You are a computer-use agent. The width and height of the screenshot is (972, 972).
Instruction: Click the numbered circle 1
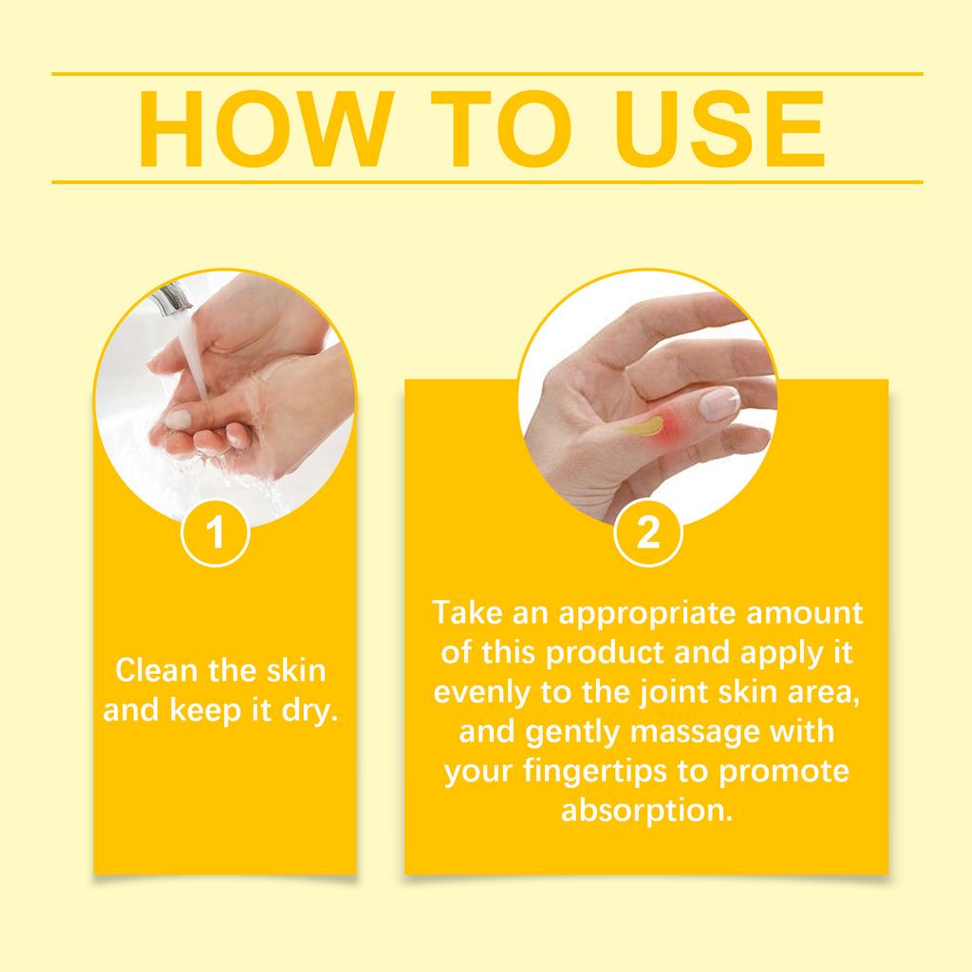(215, 533)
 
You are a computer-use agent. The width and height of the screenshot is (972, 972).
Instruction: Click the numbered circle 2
(647, 533)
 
